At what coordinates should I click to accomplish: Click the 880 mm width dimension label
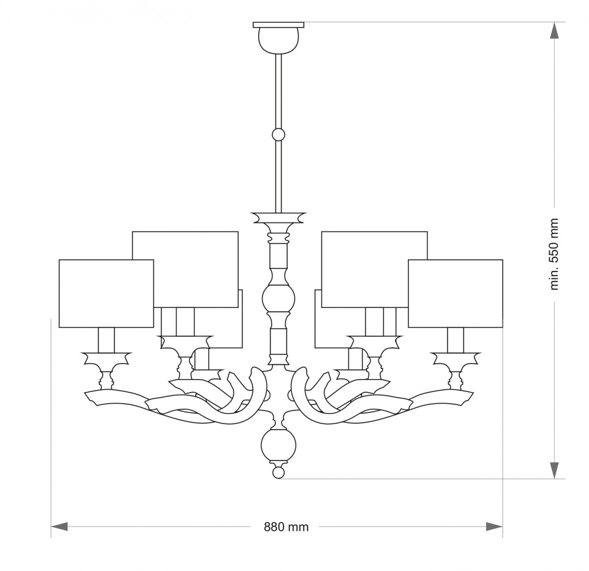click(x=286, y=527)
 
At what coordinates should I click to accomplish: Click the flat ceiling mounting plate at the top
click(x=278, y=25)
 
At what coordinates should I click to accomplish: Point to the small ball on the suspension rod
click(x=278, y=135)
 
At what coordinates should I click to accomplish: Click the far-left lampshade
click(x=106, y=294)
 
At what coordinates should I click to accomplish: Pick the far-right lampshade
click(x=455, y=294)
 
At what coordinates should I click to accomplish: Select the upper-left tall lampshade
click(x=185, y=270)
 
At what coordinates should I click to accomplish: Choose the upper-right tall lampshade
click(x=375, y=270)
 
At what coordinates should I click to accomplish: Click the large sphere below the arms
click(x=278, y=445)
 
